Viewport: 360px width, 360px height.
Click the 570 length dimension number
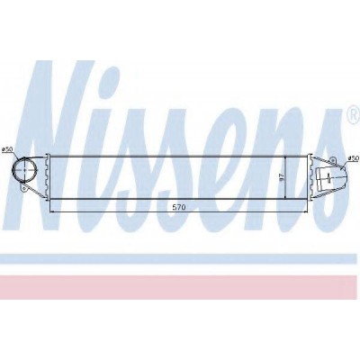pyautogui.click(x=179, y=207)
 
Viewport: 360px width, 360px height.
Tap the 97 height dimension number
pyautogui.click(x=281, y=177)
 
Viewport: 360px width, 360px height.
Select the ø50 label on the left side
pyautogui.click(x=6, y=149)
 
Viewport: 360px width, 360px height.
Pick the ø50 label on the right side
pyautogui.click(x=353, y=158)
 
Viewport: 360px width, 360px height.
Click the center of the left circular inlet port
pyautogui.click(x=24, y=170)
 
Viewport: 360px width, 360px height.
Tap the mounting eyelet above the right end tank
pyautogui.click(x=332, y=160)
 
